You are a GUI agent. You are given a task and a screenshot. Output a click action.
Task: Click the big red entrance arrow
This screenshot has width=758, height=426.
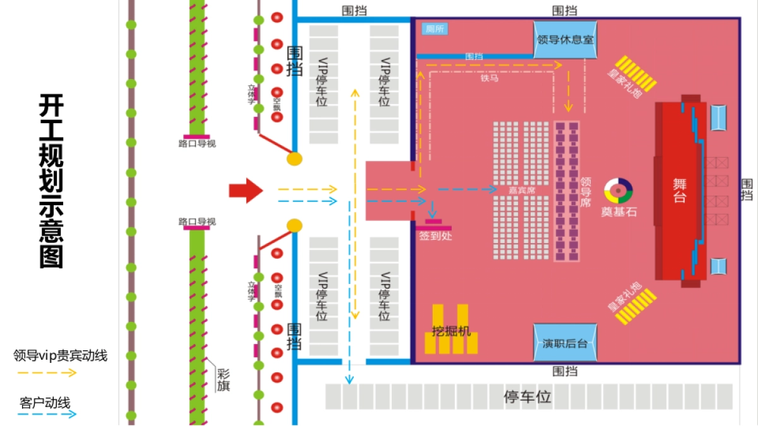[x=245, y=190]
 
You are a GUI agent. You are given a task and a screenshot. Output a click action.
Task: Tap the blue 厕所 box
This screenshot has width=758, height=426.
[x=435, y=28]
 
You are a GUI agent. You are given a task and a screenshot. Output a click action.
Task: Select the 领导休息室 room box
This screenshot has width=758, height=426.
[x=565, y=39]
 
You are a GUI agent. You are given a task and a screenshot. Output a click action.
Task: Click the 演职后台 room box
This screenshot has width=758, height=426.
[x=565, y=343]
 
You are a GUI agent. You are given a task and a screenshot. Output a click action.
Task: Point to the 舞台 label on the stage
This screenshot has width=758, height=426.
[x=680, y=190]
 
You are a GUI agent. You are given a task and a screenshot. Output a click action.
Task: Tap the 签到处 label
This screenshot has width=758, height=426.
[x=435, y=235]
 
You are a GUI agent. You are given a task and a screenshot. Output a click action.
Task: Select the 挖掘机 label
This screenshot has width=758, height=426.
[x=451, y=331]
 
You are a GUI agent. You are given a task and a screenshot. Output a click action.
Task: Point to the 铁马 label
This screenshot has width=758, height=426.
[x=489, y=79]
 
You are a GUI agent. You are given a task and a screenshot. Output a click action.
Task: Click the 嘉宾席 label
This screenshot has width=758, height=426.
[x=521, y=189]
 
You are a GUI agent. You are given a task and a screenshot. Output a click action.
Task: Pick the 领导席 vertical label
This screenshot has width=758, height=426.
[x=586, y=192]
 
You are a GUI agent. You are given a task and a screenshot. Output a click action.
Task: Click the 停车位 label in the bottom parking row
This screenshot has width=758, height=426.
[x=527, y=397]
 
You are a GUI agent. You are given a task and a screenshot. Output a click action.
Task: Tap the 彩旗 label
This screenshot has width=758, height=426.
[x=223, y=379]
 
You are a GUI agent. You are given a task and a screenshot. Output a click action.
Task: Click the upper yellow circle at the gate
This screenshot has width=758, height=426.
[x=294, y=158]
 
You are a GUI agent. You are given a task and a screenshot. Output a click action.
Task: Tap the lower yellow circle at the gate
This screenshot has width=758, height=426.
[x=294, y=225]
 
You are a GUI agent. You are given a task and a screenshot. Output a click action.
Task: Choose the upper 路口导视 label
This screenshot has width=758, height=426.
[x=197, y=143]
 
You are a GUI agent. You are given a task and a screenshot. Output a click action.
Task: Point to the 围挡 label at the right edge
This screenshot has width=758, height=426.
[x=747, y=189]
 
